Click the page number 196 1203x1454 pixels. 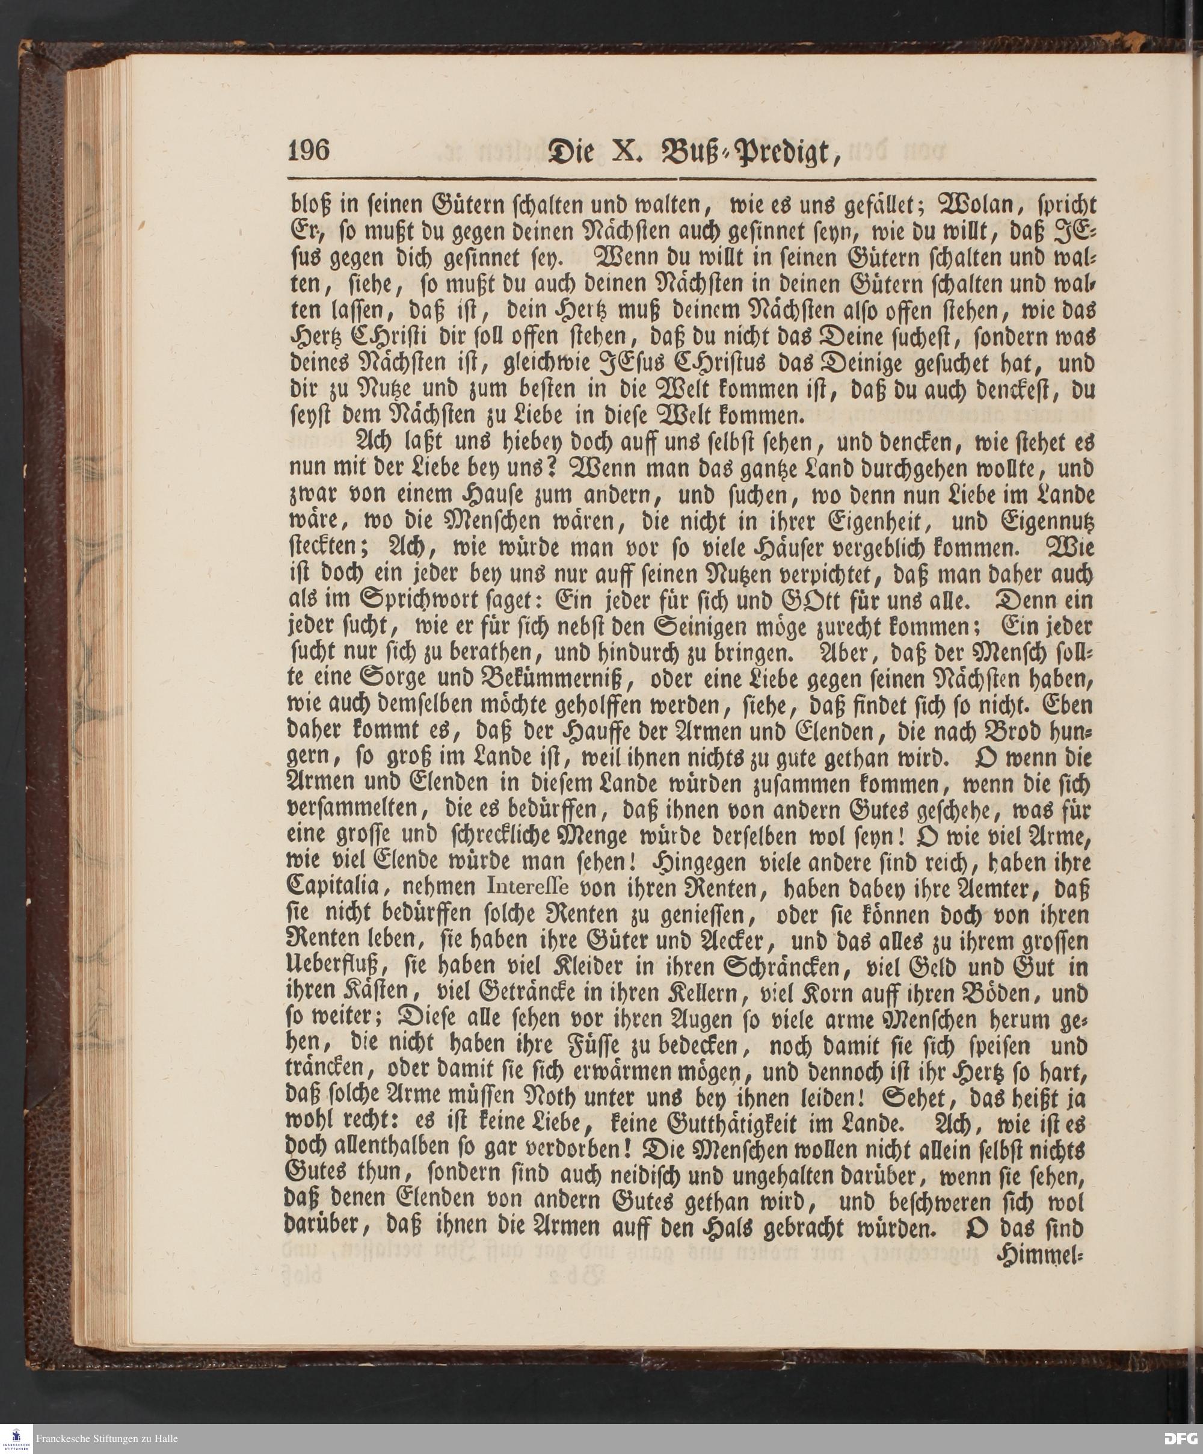coord(309,150)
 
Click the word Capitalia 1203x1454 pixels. coord(331,889)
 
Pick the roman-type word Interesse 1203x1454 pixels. coord(528,888)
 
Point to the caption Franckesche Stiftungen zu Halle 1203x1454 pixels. coord(106,1439)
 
